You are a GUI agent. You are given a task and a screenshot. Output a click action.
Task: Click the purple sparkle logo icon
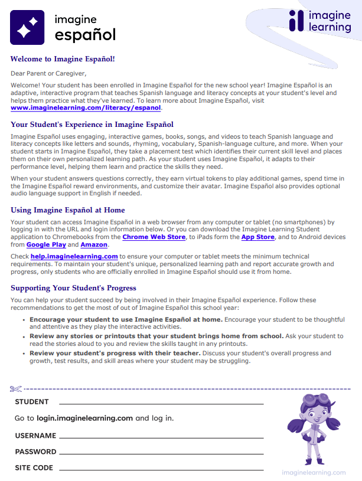[27, 28]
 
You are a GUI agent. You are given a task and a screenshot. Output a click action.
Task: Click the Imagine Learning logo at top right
[319, 21]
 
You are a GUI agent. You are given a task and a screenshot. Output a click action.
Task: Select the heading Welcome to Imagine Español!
[62, 59]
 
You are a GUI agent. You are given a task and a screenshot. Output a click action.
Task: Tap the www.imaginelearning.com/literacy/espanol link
[86, 108]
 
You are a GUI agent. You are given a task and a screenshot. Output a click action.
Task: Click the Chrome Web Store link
[153, 237]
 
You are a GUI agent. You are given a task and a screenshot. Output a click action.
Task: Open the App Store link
[257, 237]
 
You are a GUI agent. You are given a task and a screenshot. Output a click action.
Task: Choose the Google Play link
[46, 244]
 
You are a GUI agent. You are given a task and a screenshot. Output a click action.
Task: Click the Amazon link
[93, 244]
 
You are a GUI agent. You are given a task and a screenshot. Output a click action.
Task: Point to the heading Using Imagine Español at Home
[67, 210]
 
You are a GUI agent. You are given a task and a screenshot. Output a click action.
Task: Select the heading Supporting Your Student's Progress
[73, 288]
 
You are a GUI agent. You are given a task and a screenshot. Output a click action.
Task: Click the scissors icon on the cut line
[15, 389]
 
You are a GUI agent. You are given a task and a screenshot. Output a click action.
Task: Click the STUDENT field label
[32, 402]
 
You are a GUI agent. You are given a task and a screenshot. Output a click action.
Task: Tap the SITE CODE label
[34, 468]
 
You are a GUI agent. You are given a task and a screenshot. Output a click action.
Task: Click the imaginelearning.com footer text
[314, 472]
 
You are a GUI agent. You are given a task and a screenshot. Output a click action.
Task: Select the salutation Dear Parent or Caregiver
[48, 74]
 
